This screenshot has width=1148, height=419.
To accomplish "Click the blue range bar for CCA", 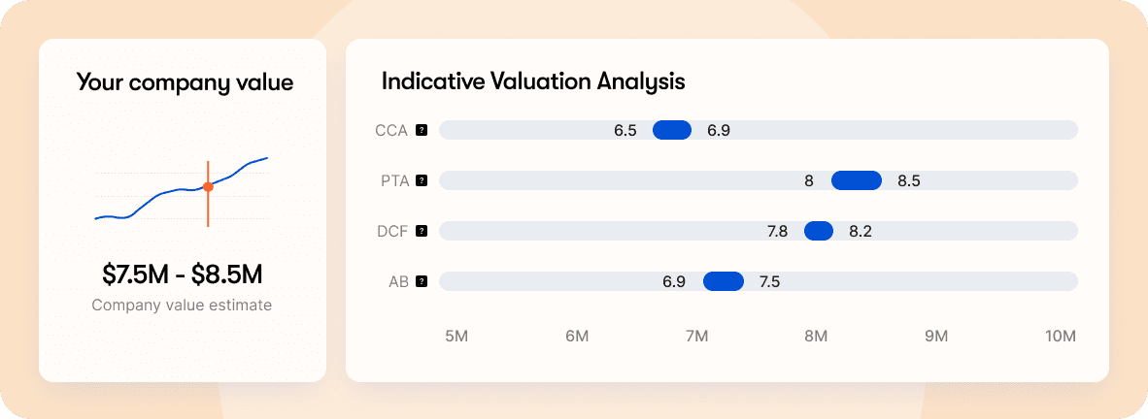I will [x=671, y=130].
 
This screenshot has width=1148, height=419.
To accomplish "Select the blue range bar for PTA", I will [x=857, y=180].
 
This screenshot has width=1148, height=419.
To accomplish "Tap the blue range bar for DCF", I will [x=819, y=231].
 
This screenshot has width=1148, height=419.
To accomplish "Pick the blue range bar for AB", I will [x=723, y=281].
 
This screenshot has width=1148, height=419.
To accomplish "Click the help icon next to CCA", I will [x=422, y=130].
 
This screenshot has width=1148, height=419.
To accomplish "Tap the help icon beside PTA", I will [x=422, y=180].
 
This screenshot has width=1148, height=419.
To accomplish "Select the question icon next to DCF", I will [x=422, y=231].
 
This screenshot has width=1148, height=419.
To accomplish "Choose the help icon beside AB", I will [x=422, y=281].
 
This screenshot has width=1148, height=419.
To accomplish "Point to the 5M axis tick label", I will [x=456, y=337].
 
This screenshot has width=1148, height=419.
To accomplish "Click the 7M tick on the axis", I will [x=696, y=337].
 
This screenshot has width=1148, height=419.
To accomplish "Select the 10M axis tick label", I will [x=1061, y=337].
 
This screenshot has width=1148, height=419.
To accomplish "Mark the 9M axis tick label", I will [x=935, y=337].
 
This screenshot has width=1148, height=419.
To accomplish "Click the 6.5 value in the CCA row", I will [x=625, y=130].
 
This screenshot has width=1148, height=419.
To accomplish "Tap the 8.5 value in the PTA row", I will [x=909, y=180].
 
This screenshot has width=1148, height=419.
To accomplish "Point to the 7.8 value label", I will [x=778, y=231].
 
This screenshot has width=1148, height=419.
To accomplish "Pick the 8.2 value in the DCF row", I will [x=861, y=231].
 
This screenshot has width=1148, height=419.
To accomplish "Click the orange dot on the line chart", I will [x=208, y=187].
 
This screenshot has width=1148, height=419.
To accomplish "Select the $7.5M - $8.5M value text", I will [x=183, y=274].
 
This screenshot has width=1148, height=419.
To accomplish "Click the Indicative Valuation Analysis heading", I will [x=533, y=81].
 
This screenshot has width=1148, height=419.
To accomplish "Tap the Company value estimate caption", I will [x=183, y=306].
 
